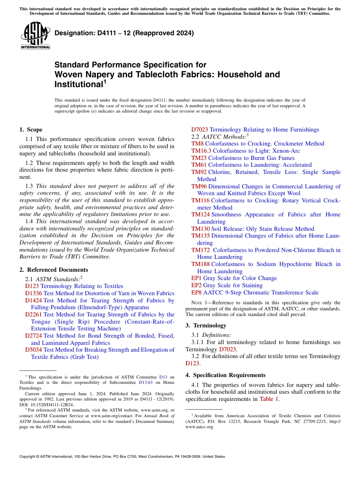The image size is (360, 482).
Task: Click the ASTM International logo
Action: tap(35, 36)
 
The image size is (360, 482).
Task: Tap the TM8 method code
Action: tap(197, 144)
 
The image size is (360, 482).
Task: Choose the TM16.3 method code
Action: tap(202, 151)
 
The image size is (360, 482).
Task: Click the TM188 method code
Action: tap(200, 264)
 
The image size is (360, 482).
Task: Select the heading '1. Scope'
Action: tap(31, 130)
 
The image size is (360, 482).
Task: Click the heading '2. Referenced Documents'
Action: tap(53, 270)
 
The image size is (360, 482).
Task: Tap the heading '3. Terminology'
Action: tap(206, 326)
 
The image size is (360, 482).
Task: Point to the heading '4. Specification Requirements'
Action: tap(225, 375)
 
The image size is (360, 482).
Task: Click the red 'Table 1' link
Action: tap(269, 399)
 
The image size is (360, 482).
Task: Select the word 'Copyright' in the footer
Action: tap(29, 457)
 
